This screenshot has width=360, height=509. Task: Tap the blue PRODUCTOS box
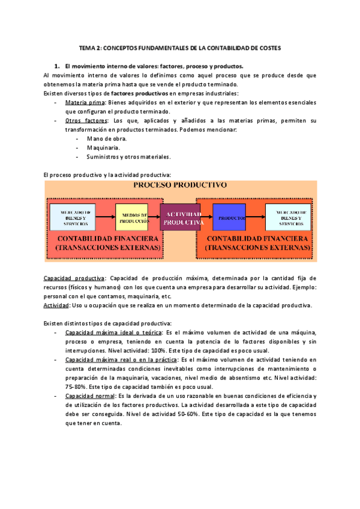click(x=230, y=217)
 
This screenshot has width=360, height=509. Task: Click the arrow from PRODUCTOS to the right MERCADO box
click(x=256, y=217)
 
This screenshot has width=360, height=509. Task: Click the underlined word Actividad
click(x=56, y=305)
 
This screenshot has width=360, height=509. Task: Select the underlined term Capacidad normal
click(x=89, y=396)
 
